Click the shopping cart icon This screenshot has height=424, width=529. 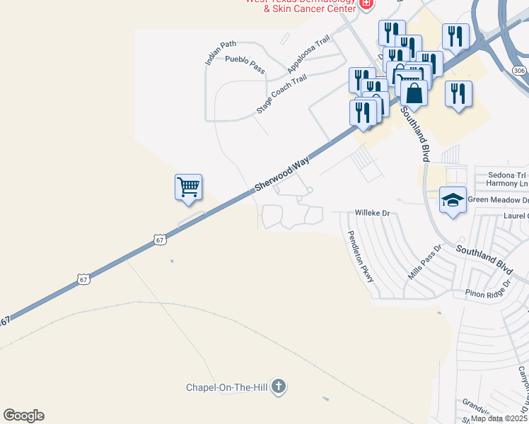(188, 187)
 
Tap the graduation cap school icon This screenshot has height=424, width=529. (453, 200)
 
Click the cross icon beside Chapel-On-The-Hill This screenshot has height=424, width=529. (279, 387)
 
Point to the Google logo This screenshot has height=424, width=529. (23, 416)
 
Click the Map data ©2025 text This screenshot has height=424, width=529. (499, 418)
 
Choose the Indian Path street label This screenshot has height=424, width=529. (221, 53)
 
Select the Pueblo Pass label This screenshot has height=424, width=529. (245, 64)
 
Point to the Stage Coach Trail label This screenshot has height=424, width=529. (281, 95)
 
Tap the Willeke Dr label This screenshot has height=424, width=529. (372, 212)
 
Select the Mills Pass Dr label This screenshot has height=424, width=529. (424, 261)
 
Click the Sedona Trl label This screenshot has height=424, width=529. (508, 175)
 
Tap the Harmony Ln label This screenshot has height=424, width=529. (507, 184)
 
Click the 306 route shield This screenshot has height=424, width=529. (519, 71)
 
